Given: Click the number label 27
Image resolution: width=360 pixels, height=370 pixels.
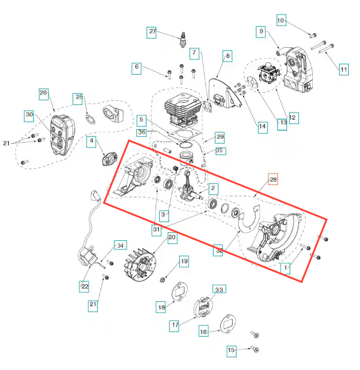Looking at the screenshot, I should click(x=152, y=32).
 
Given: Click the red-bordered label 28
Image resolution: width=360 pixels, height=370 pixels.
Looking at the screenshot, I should click(x=273, y=180).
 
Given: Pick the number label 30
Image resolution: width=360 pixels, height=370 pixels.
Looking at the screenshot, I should click(x=30, y=115).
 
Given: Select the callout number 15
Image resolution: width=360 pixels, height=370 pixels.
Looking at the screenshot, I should click(x=231, y=350).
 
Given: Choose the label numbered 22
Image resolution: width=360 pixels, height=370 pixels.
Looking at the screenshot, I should click(x=85, y=286).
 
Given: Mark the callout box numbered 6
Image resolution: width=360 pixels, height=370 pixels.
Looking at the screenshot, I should click(x=137, y=68).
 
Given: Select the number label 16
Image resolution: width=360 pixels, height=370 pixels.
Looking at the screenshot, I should click(x=204, y=332).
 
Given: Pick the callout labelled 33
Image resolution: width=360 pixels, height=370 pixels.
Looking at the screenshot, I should click(x=219, y=290).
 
